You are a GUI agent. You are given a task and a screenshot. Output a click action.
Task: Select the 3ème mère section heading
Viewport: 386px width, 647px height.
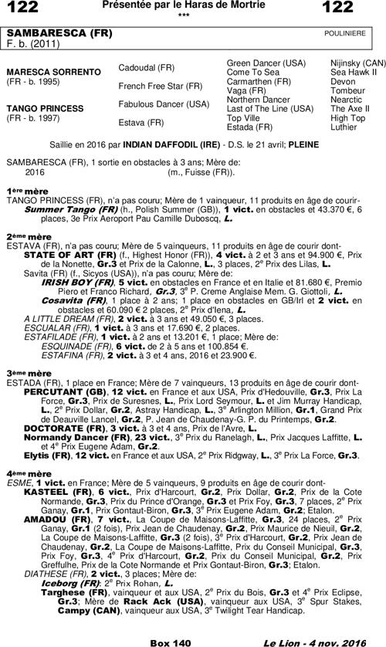tap(24, 373)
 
